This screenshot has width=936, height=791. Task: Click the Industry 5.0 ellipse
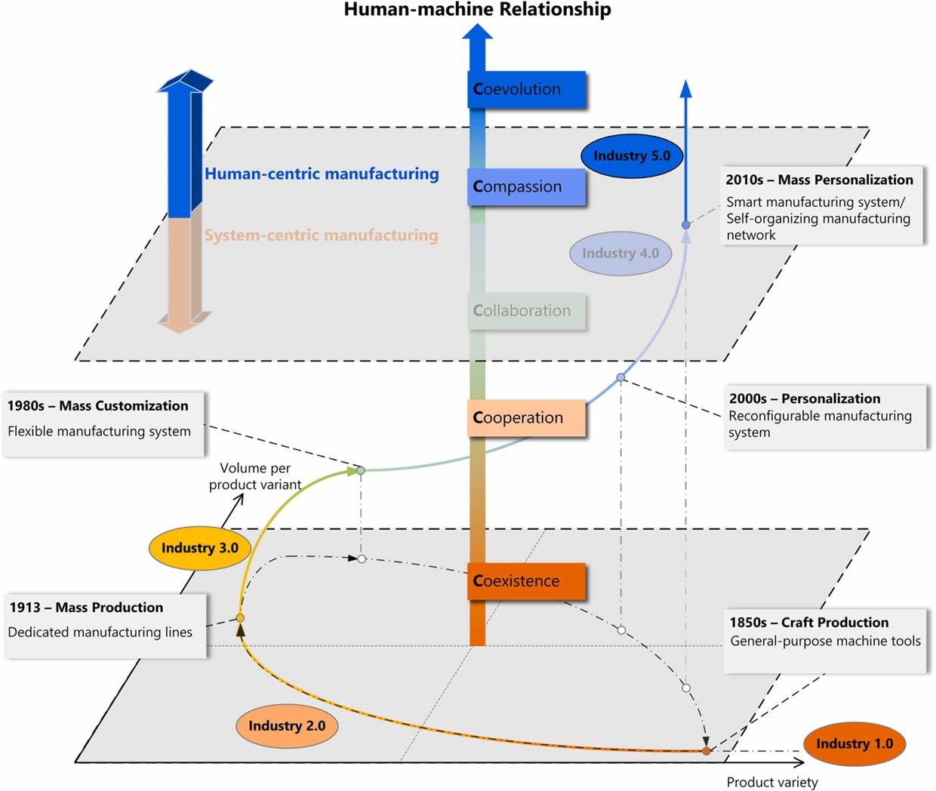(x=632, y=156)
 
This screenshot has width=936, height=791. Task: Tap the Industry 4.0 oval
(x=620, y=254)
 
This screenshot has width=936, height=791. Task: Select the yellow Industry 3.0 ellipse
(x=200, y=548)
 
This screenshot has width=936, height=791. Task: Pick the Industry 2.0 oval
(x=287, y=726)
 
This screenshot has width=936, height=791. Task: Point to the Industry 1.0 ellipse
(x=854, y=744)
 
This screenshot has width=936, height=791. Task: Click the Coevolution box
(x=527, y=89)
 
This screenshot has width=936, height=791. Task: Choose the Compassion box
(x=527, y=187)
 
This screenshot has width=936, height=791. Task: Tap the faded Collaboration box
(x=527, y=311)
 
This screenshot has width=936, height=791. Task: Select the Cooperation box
(x=527, y=418)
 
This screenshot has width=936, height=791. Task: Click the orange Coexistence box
(x=527, y=581)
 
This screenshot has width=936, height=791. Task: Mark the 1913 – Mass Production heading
(x=87, y=607)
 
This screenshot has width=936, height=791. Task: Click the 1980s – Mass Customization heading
(x=98, y=405)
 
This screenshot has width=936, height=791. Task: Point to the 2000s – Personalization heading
(x=805, y=399)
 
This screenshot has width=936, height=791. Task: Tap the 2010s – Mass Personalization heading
(x=820, y=180)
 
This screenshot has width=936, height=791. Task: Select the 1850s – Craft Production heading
(x=808, y=623)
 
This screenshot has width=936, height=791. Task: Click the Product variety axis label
(x=772, y=782)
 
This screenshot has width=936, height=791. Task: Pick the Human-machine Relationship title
(x=477, y=10)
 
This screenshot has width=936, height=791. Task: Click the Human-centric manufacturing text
(x=322, y=174)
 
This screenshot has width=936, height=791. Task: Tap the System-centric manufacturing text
(x=322, y=235)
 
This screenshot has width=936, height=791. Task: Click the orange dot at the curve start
(x=707, y=751)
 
